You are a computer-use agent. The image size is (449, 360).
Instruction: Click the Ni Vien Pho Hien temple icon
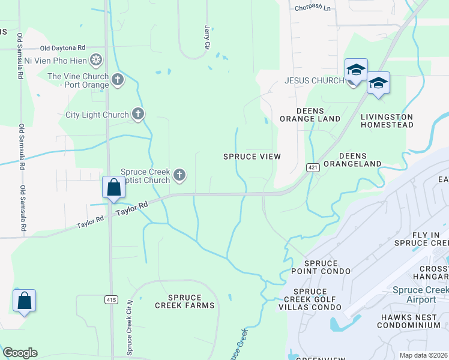tap(95, 59)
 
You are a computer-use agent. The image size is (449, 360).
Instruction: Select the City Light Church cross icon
tap(138, 113)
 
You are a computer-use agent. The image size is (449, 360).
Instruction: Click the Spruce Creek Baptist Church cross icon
tap(179, 175)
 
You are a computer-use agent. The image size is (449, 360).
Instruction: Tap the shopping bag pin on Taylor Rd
tap(113, 188)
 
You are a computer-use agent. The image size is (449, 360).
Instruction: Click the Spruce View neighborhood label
tap(252, 157)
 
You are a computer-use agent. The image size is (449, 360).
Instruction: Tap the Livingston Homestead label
tap(387, 121)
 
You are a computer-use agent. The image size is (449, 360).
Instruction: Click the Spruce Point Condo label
tap(327, 268)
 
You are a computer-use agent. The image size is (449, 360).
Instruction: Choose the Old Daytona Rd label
tap(62, 47)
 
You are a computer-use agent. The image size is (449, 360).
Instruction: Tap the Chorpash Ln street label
tap(313, 8)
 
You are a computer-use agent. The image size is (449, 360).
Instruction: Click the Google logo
tap(20, 353)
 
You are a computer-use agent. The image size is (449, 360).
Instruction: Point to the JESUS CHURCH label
tap(314, 80)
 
